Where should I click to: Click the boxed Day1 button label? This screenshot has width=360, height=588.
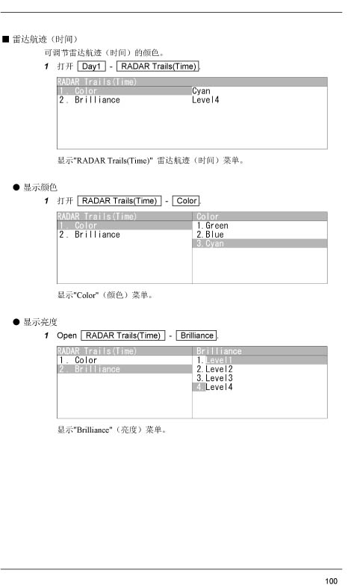tap(92, 66)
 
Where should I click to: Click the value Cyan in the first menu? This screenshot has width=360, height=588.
tap(201, 91)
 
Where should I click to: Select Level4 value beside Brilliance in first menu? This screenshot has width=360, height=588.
tap(205, 100)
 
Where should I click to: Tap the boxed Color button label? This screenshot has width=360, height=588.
tap(187, 201)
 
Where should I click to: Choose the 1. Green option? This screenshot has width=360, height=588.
tap(212, 226)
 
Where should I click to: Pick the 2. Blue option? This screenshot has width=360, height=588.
tap(210, 235)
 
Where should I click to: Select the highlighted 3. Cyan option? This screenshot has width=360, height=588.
tap(210, 244)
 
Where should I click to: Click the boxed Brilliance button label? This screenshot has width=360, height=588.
tap(196, 335)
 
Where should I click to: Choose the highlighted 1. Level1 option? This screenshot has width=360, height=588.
tap(214, 360)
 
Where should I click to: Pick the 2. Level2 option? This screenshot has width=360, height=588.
tap(214, 369)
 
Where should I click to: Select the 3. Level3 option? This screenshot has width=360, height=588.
tap(214, 378)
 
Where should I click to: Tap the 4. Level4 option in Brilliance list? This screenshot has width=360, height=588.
tap(214, 387)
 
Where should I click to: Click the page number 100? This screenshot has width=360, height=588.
tap(331, 581)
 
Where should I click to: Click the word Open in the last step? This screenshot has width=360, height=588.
tap(66, 335)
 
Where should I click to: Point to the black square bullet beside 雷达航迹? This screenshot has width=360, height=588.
tap(6, 40)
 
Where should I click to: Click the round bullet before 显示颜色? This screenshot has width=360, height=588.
tap(16, 187)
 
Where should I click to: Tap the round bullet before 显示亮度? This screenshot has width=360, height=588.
tap(16, 322)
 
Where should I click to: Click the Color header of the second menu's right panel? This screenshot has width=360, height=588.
tap(208, 217)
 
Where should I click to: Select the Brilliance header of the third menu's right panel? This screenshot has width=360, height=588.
tap(219, 351)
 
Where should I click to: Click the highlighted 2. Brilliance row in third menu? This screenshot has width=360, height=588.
tap(125, 369)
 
